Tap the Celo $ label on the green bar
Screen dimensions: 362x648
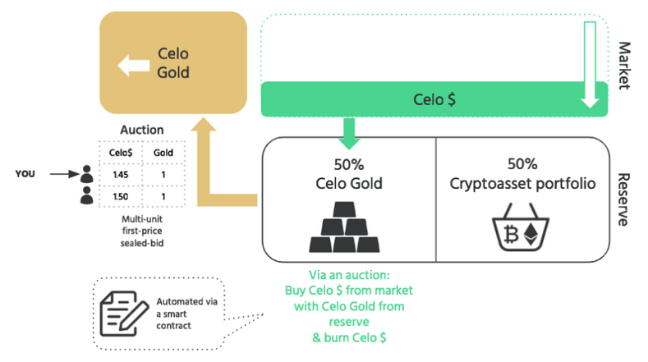pos(434,100)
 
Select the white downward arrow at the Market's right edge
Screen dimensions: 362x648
pos(589,66)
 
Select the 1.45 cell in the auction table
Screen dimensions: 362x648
pos(120,174)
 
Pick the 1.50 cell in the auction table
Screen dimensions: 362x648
pos(120,198)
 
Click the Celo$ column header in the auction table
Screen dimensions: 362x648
pos(120,152)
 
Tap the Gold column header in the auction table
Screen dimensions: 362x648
pos(163,152)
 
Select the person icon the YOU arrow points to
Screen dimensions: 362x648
pos(86,175)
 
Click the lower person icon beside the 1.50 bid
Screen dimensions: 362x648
pos(86,198)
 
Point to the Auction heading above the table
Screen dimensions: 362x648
pos(141,130)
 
